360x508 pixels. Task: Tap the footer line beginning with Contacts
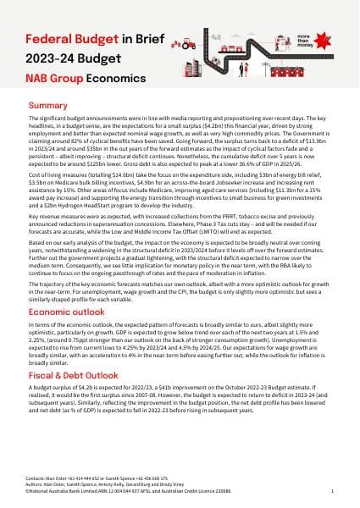[x=85, y=478]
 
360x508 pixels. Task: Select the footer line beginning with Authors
[x=93, y=484]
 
